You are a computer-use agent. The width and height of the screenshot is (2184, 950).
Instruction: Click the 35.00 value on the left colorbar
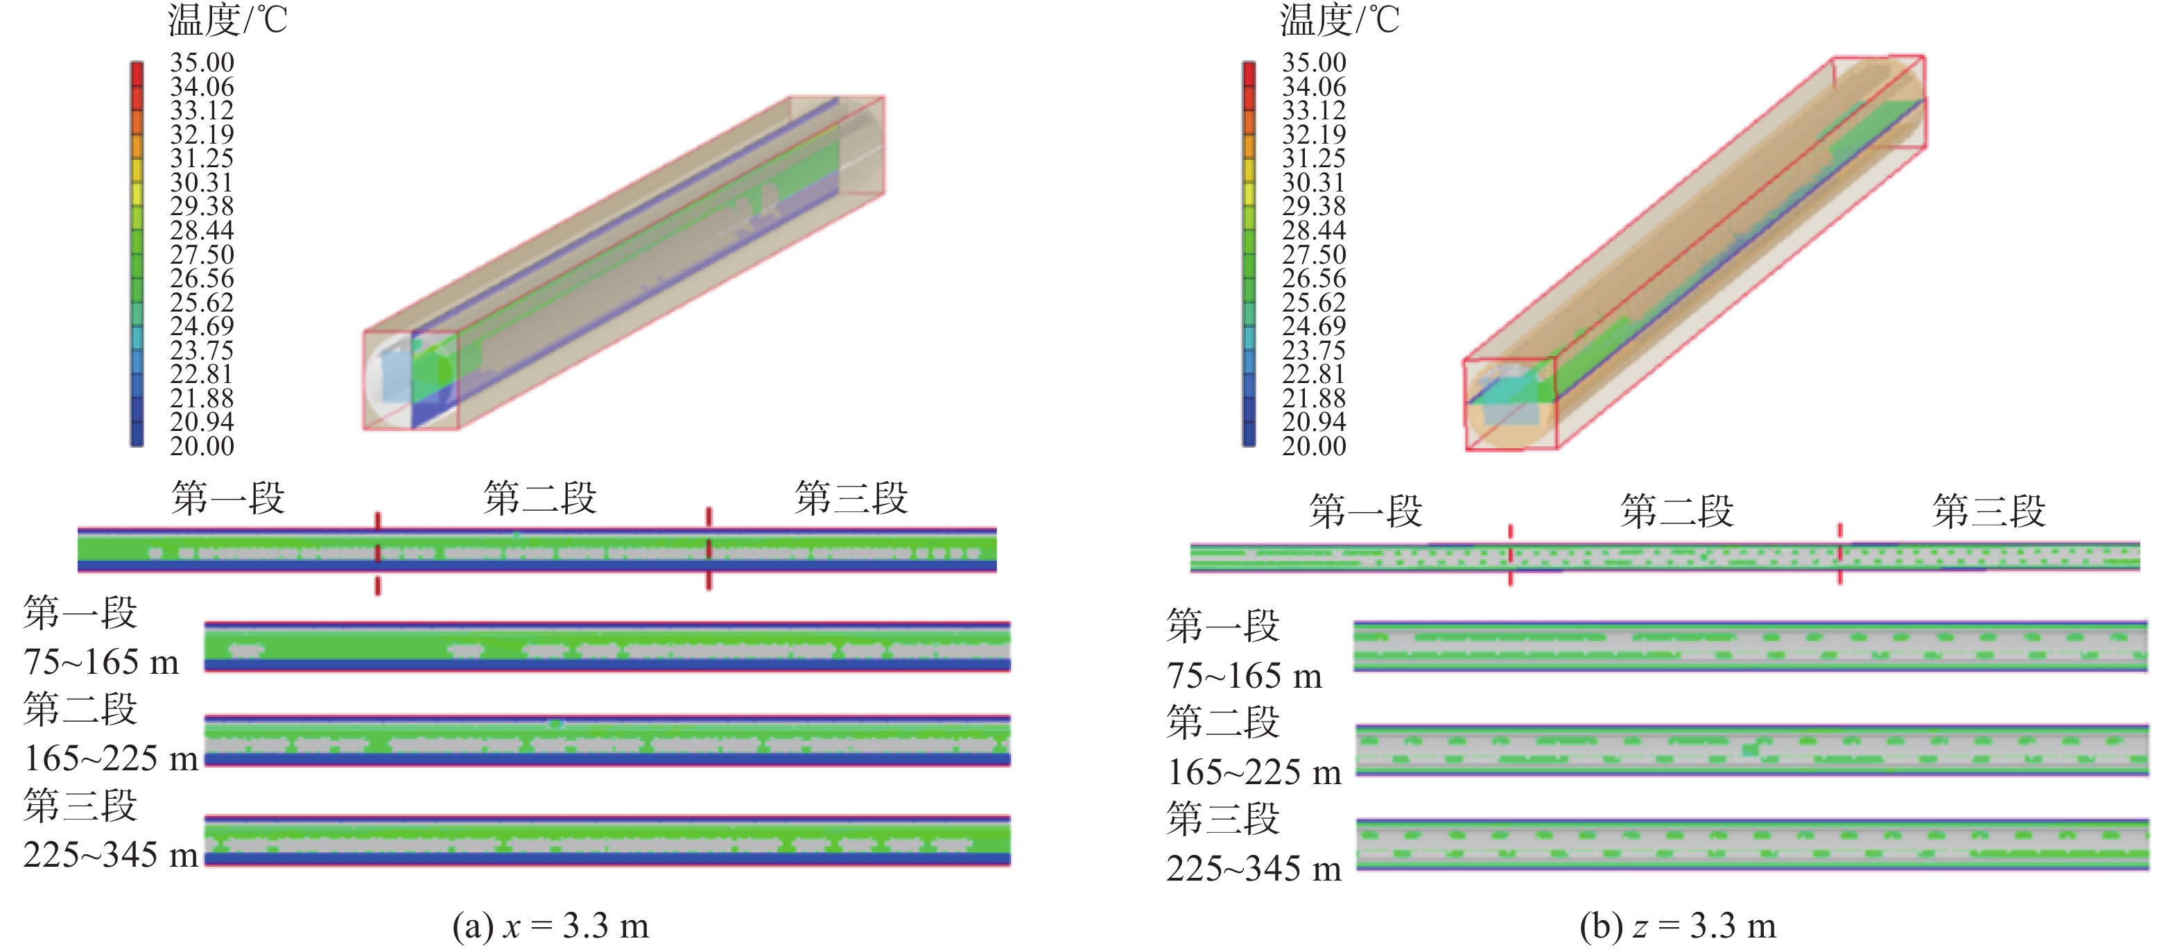click(202, 62)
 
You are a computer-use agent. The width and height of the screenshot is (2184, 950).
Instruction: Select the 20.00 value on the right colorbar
click(1314, 446)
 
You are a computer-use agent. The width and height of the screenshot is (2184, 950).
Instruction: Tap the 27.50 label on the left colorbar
click(202, 255)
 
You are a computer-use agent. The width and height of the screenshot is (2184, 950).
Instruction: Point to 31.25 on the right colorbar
click(1314, 159)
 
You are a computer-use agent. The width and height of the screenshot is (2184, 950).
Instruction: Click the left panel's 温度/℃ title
click(228, 20)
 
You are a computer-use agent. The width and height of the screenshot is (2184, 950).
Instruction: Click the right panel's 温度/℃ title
click(1340, 20)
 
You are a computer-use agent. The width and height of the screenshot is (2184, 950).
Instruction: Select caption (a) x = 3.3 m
click(551, 926)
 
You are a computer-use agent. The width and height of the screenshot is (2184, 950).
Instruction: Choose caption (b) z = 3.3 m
click(1678, 926)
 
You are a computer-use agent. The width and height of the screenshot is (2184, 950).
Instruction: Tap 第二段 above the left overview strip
click(540, 498)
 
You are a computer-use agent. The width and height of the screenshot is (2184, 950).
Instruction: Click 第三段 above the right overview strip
click(1989, 511)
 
